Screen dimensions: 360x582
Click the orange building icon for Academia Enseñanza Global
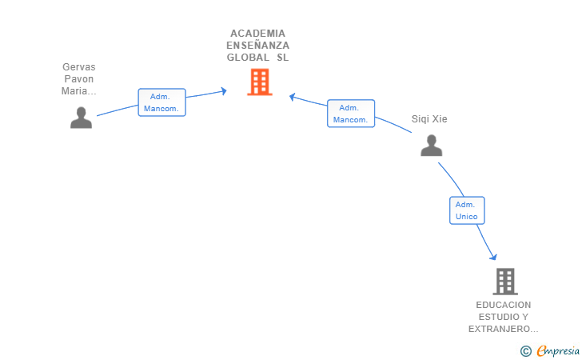click(259, 82)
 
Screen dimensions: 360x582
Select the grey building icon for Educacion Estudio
click(504, 281)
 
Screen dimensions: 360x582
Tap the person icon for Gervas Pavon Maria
click(81, 118)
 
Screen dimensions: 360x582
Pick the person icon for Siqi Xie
click(431, 146)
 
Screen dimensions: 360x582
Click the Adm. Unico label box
click(467, 210)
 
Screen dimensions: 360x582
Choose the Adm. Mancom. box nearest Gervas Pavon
click(161, 102)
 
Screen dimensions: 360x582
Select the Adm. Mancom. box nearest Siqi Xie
click(350, 114)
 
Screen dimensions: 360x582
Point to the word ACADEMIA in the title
click(257, 34)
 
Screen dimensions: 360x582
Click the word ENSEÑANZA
click(257, 46)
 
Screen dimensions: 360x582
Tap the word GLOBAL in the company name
click(248, 58)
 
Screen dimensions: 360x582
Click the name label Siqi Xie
click(429, 119)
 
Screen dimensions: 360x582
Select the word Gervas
click(78, 67)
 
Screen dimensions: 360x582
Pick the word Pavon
click(78, 79)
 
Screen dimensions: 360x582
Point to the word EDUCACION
click(503, 305)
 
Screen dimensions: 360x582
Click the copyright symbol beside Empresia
click(525, 350)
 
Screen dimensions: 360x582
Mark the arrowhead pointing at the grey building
click(494, 257)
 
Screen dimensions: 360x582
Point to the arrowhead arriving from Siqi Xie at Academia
click(293, 97)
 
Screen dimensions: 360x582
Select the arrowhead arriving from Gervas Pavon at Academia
click(223, 90)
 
